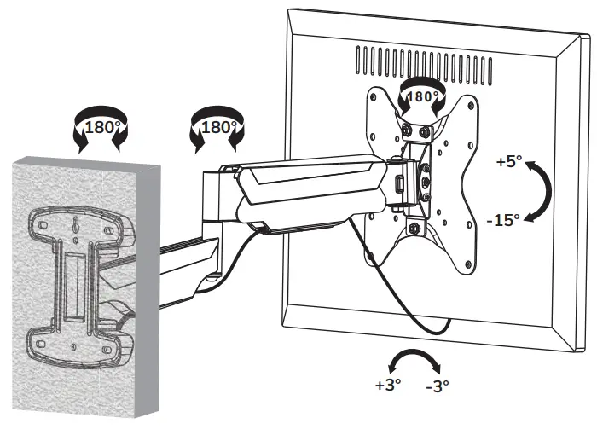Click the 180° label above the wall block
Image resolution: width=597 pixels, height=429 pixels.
click(101, 130)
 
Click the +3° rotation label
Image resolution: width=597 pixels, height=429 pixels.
click(387, 385)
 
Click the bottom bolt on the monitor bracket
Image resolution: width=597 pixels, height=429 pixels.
click(414, 229)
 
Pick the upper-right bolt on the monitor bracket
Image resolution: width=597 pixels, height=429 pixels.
click(425, 132)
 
